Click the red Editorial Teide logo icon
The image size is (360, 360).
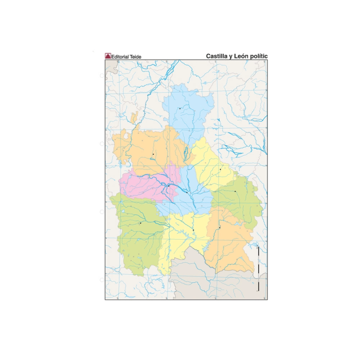coord(108,56)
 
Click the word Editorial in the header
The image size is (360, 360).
coord(121,57)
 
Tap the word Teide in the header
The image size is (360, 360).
coord(136,57)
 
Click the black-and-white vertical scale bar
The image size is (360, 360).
coord(258,269)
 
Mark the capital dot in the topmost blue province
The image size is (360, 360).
coord(179,109)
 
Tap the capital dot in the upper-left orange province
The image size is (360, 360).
coord(153,154)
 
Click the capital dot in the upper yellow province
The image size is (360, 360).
coord(220,169)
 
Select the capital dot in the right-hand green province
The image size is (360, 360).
coord(235,191)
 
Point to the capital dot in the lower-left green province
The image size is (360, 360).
coord(140,223)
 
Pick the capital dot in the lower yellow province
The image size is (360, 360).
coord(193,229)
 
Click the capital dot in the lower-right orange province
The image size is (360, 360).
coord(220,227)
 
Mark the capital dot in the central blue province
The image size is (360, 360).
coord(187,192)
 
